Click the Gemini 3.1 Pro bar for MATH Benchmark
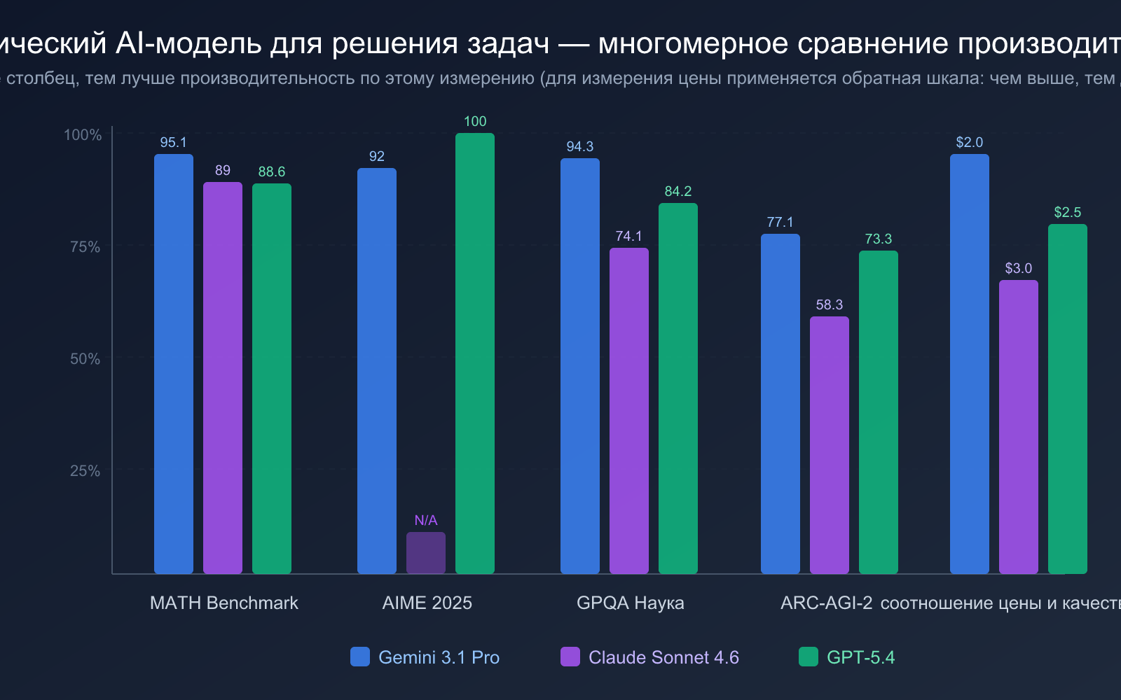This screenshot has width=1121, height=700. [174, 364]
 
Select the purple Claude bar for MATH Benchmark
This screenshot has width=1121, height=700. [223, 378]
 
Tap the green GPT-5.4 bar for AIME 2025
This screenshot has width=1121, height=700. [475, 353]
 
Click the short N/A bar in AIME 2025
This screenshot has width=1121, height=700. [426, 553]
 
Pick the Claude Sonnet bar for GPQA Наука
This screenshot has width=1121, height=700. [629, 411]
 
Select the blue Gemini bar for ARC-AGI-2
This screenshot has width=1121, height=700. [780, 404]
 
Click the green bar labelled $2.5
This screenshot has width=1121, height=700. [1068, 399]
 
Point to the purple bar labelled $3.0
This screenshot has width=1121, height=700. [1019, 427]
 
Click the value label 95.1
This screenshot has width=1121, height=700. [174, 143]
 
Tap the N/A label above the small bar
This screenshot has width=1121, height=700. [426, 520]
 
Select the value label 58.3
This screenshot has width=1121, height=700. [830, 304]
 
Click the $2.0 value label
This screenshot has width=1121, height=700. [970, 143]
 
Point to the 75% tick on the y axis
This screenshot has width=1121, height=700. [85, 246]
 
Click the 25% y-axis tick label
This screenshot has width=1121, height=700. [85, 470]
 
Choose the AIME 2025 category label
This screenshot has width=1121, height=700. [427, 603]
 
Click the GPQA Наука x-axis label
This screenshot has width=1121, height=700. [631, 603]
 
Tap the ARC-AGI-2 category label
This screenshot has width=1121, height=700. [827, 603]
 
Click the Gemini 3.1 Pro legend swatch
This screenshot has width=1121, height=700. [360, 657]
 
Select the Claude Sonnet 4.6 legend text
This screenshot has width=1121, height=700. [663, 657]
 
